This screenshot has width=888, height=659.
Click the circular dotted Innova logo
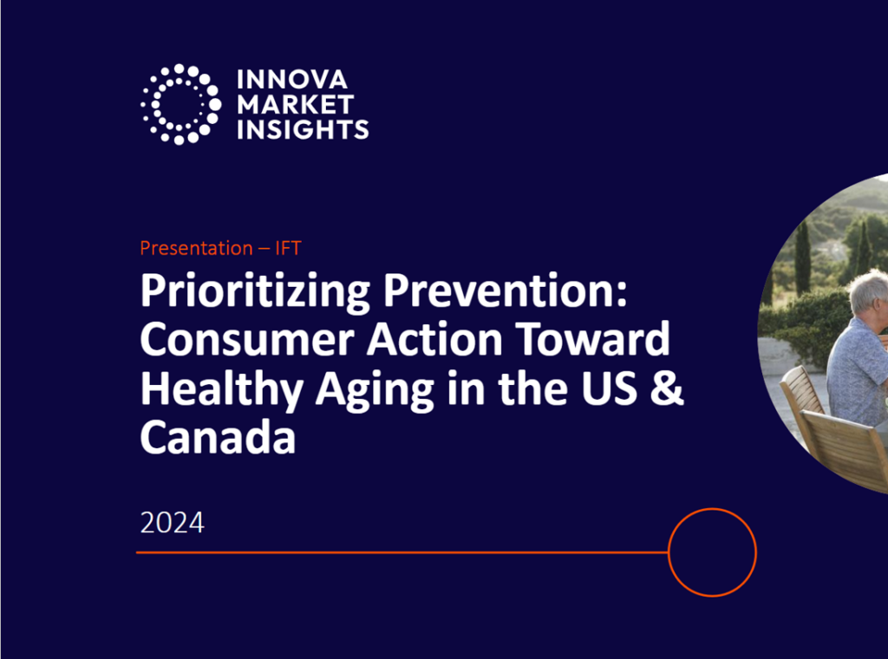(x=180, y=104)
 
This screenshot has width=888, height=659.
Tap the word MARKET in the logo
(x=295, y=105)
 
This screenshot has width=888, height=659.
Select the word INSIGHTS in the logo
(x=302, y=130)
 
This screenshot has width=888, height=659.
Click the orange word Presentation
(x=195, y=248)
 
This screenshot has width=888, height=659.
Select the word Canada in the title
(x=218, y=439)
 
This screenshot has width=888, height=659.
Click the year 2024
(x=172, y=523)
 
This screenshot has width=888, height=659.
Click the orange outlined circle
(x=712, y=552)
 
